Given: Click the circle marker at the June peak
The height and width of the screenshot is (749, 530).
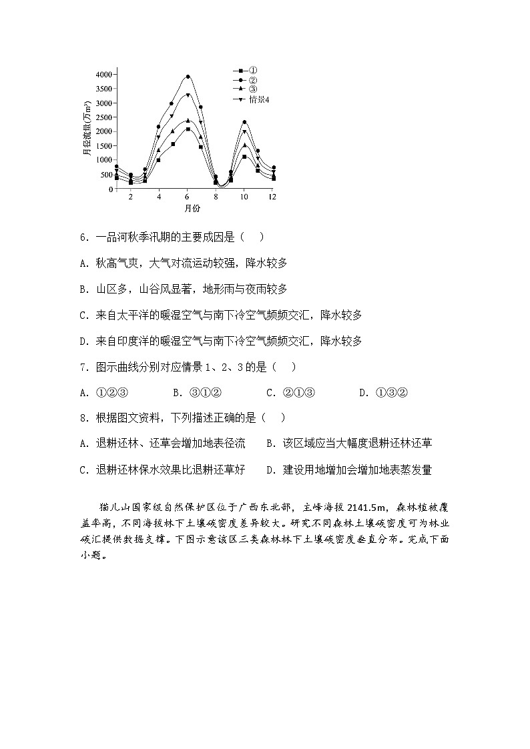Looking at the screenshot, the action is (x=188, y=77).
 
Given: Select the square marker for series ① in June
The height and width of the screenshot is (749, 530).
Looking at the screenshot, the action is (x=188, y=129).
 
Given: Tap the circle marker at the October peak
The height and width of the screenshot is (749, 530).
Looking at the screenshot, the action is (x=244, y=122).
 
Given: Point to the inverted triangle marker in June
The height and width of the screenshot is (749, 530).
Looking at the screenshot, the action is (x=188, y=95).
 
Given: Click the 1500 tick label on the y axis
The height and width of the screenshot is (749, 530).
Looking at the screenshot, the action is (x=103, y=146).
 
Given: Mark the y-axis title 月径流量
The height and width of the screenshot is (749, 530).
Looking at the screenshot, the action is (x=87, y=130).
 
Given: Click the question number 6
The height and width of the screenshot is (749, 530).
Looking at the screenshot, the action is (x=83, y=237).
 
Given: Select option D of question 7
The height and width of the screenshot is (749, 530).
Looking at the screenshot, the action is (x=383, y=393).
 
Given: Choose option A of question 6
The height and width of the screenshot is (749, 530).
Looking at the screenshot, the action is (x=183, y=263).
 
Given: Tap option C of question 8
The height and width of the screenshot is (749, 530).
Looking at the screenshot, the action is (x=162, y=470).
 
